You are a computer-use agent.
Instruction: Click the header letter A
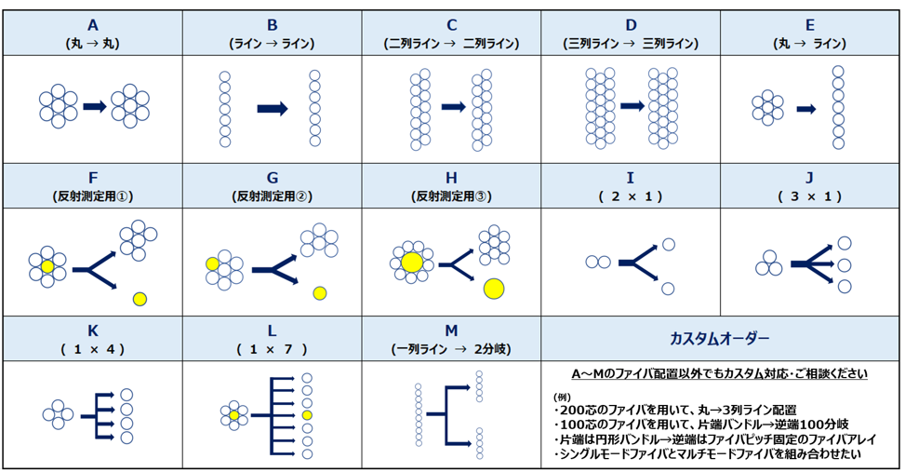(92, 25)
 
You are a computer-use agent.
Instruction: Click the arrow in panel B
(273, 109)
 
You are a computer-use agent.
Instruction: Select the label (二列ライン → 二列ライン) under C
(451, 43)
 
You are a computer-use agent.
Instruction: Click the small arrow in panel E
(806, 109)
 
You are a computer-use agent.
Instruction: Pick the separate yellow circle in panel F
(140, 299)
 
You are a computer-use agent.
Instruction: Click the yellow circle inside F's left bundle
(47, 266)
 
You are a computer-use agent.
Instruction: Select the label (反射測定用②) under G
(272, 196)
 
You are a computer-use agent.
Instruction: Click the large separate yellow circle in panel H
(494, 290)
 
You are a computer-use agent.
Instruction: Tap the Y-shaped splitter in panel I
(638, 264)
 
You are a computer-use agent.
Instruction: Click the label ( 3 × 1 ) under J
(810, 196)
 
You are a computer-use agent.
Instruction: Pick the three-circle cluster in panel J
(767, 264)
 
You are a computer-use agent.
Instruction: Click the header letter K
(92, 330)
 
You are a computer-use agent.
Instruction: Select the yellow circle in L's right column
(308, 414)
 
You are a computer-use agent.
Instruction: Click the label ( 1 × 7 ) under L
(272, 349)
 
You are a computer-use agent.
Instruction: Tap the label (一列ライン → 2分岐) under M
(451, 349)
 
